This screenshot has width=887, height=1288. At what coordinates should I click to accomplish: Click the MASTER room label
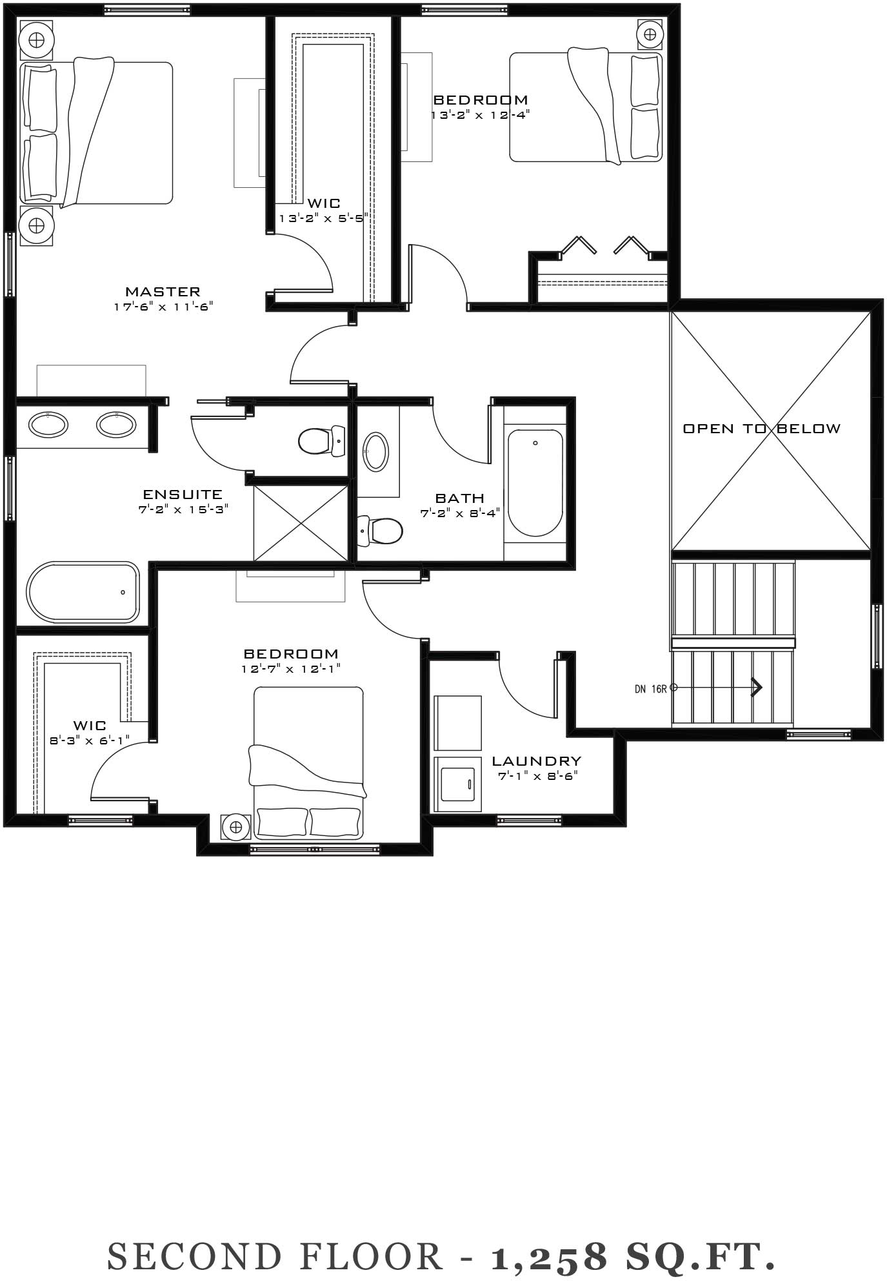[x=163, y=292]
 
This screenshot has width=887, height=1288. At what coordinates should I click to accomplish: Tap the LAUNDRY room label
[x=537, y=761]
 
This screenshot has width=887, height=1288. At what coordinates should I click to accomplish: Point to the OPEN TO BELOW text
[x=762, y=429]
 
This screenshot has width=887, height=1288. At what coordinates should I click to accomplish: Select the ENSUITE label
[x=183, y=495]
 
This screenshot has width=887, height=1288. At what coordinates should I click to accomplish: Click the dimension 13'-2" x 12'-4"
[x=481, y=115]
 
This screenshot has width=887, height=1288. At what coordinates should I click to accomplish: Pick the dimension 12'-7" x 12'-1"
[x=291, y=669]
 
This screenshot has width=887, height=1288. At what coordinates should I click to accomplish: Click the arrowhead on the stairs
[x=757, y=688]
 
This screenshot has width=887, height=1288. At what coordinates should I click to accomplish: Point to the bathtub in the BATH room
[x=535, y=482]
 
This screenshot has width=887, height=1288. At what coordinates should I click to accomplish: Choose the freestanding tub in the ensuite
[x=83, y=592]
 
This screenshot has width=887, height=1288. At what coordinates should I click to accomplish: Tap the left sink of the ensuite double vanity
[x=48, y=424]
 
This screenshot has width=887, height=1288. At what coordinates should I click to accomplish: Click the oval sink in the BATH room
[x=376, y=451]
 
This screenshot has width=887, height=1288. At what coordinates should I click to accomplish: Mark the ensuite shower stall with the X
[x=301, y=522]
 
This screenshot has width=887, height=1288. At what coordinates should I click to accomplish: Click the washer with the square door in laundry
[x=458, y=784]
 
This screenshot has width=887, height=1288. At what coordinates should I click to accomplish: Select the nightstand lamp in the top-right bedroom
[x=650, y=34]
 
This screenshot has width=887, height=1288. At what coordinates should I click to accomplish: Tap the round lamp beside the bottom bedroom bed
[x=235, y=827]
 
